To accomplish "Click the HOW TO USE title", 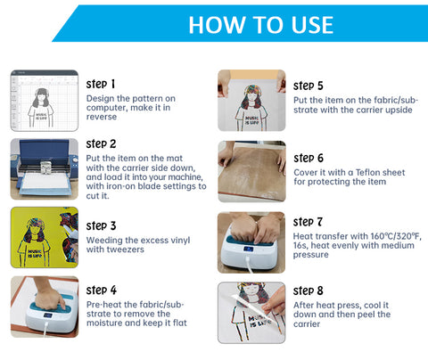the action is [x=261, y=25].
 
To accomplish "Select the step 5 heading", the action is [x=309, y=86].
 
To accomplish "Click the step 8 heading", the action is [x=309, y=290].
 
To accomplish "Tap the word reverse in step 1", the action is [x=102, y=117].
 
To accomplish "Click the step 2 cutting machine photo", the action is [x=45, y=168].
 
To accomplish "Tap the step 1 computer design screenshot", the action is [x=45, y=101].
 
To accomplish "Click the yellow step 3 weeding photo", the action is [x=45, y=237].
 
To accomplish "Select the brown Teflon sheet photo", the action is [x=251, y=171].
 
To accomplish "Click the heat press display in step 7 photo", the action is [x=249, y=249].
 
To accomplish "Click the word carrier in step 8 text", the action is [x=307, y=324].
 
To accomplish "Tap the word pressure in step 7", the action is [x=311, y=255].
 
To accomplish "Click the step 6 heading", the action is [x=309, y=159].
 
